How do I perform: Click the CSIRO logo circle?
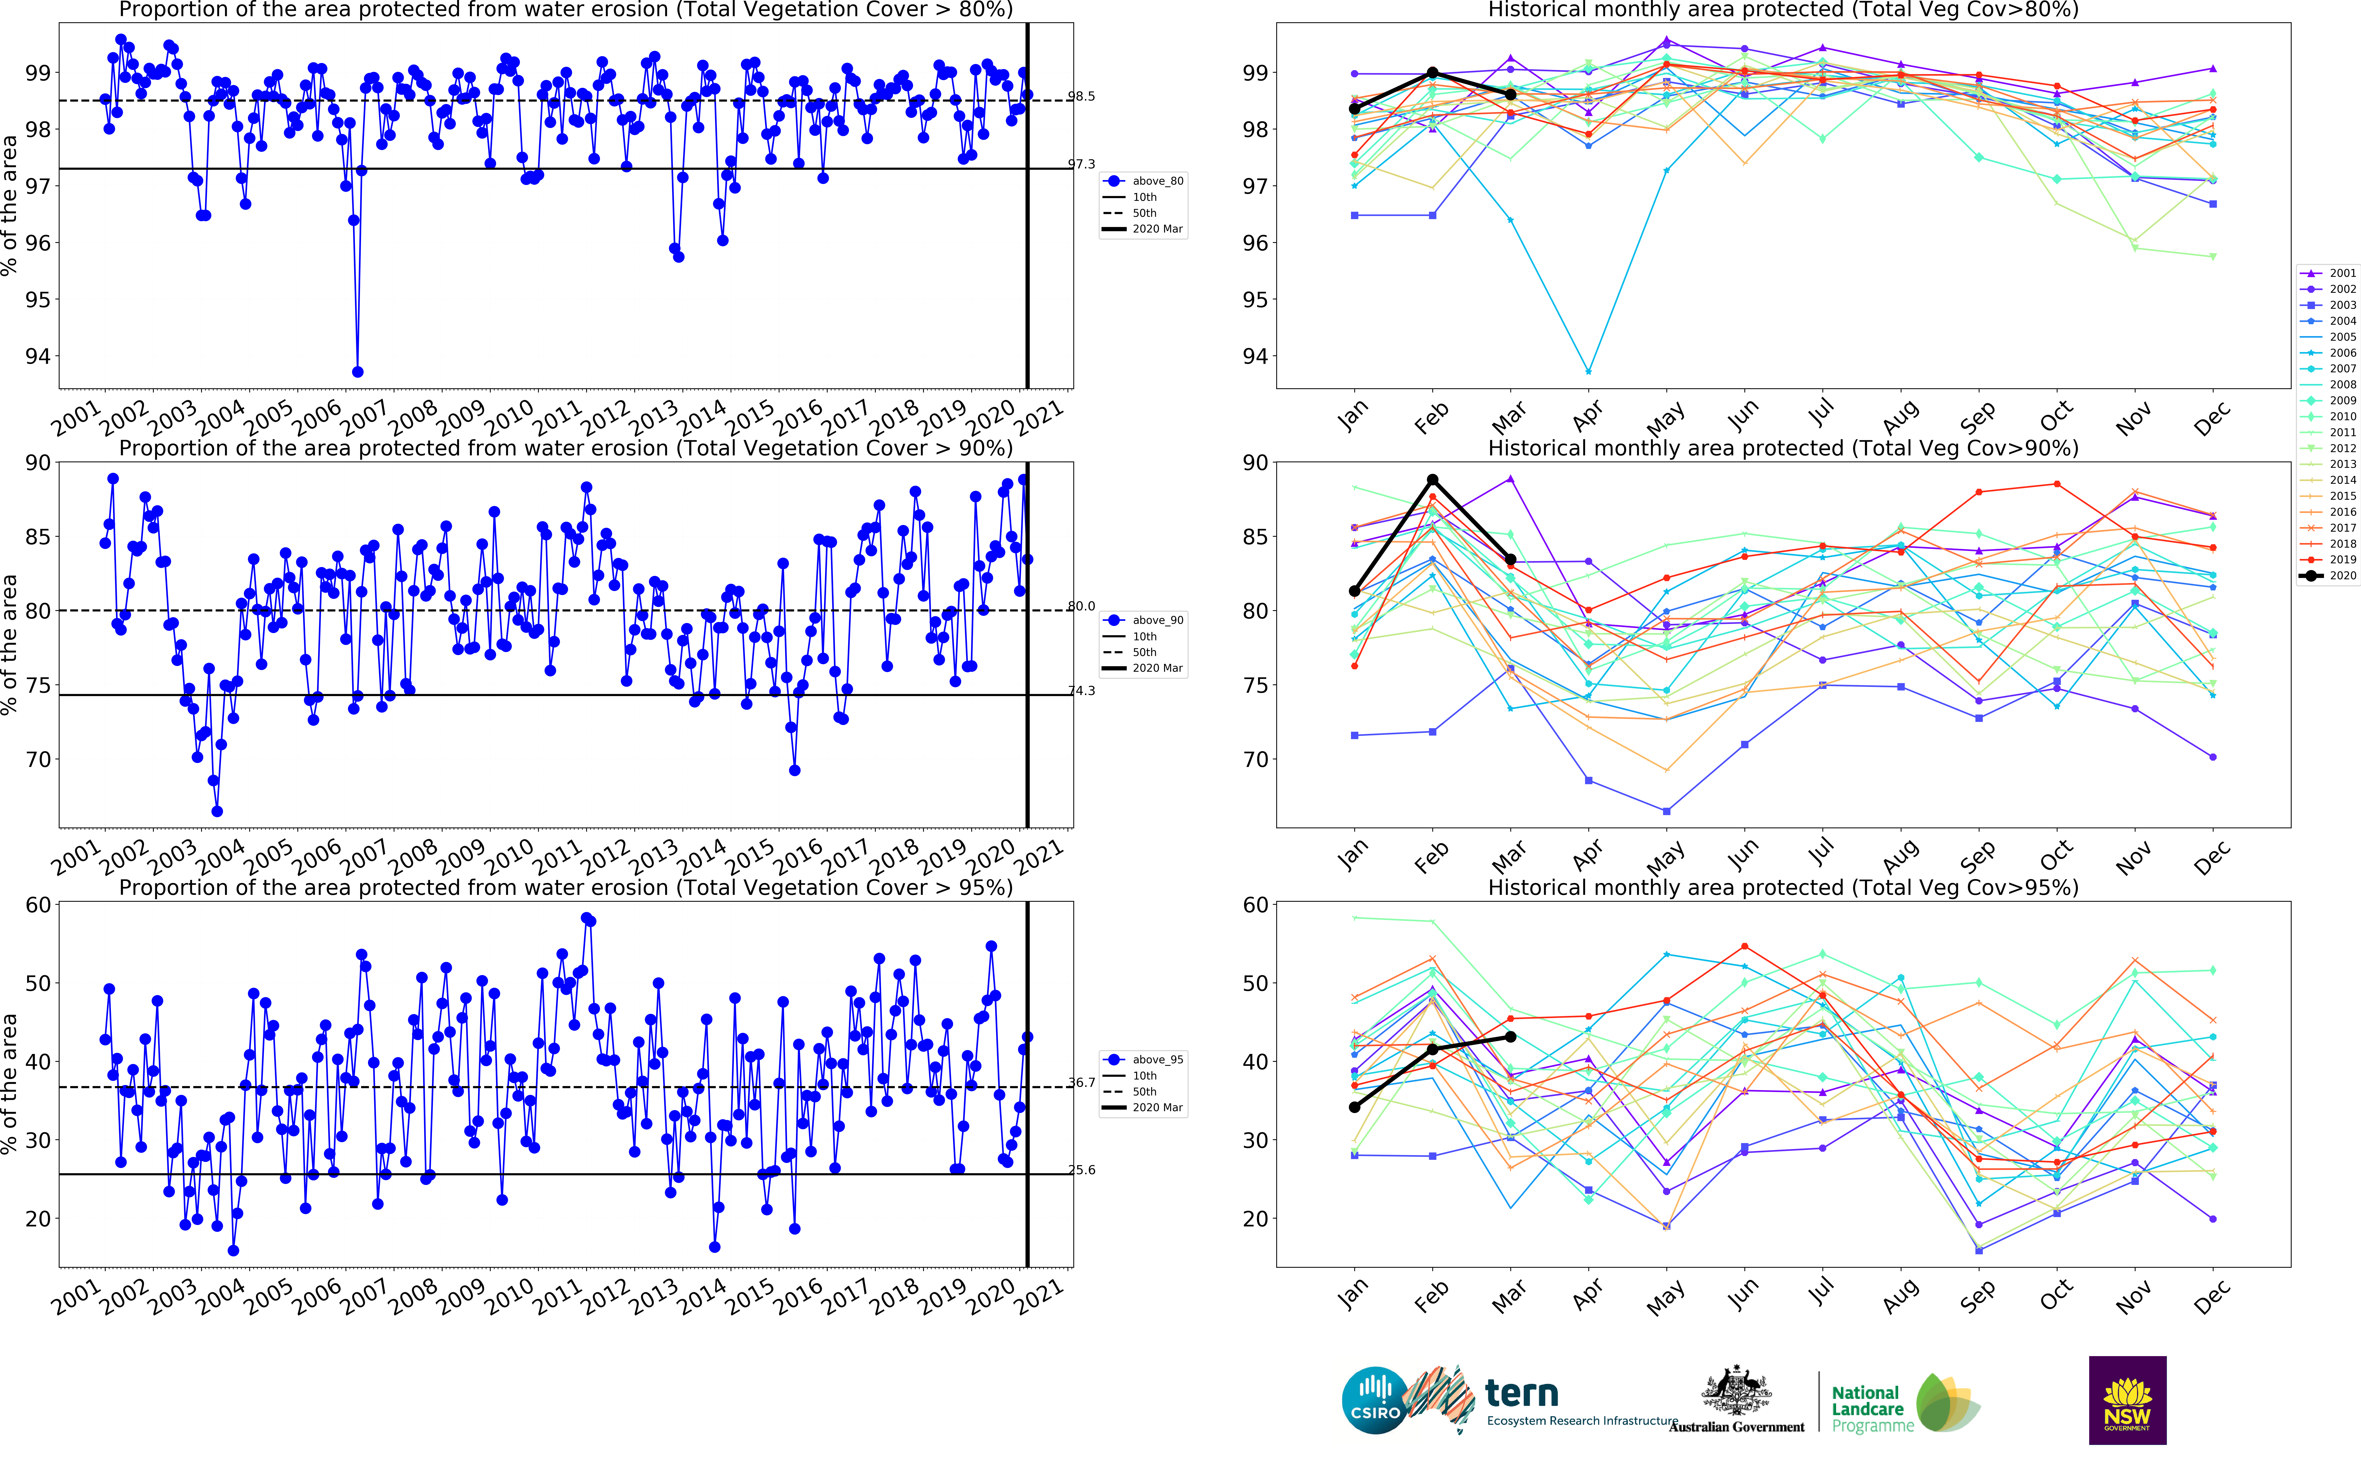1375,1400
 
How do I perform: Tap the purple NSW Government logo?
2127,1400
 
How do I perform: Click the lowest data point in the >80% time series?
358,372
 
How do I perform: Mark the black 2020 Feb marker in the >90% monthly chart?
1432,480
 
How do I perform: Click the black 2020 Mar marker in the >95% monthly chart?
1511,1037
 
